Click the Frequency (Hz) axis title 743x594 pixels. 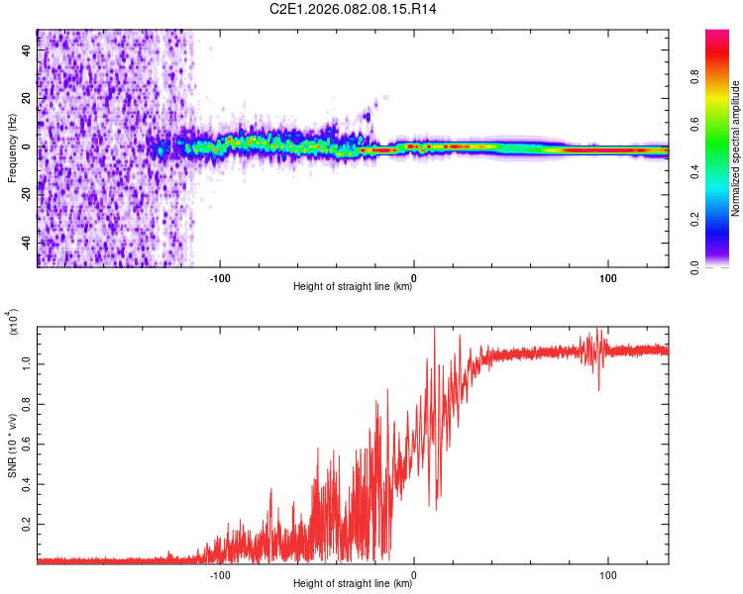click(x=12, y=148)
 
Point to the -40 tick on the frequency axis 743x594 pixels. click(x=24, y=243)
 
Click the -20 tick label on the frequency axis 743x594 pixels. click(x=24, y=194)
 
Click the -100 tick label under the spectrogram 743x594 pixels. click(x=220, y=277)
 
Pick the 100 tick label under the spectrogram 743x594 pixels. click(x=607, y=277)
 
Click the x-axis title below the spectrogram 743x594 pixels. click(x=353, y=288)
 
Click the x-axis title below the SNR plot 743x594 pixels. click(x=353, y=584)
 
